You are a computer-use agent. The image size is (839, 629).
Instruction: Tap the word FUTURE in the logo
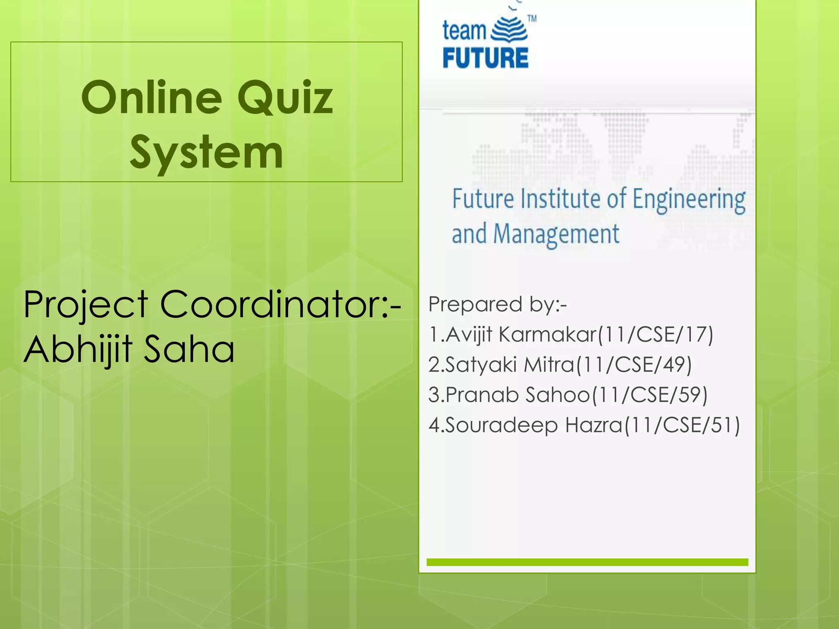click(485, 58)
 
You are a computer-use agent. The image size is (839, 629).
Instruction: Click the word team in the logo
click(464, 31)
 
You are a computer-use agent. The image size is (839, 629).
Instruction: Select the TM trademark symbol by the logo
click(532, 19)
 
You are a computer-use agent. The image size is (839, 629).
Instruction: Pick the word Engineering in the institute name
click(689, 199)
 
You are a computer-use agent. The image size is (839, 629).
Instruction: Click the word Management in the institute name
click(556, 235)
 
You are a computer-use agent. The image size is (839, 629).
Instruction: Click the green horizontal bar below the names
click(587, 562)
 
